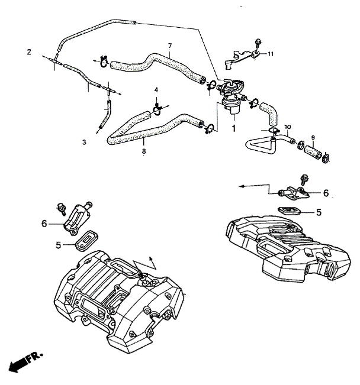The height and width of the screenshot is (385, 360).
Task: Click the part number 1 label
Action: click(x=234, y=128)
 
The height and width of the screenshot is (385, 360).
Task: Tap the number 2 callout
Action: click(x=29, y=52)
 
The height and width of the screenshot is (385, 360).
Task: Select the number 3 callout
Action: click(x=84, y=142)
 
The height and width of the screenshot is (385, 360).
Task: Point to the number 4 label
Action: click(x=156, y=90)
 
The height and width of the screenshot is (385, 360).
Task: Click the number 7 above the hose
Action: click(x=170, y=46)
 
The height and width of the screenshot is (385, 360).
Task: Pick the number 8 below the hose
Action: click(x=144, y=151)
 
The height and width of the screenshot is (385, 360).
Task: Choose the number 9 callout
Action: click(x=313, y=137)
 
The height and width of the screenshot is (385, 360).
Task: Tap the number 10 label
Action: click(x=287, y=127)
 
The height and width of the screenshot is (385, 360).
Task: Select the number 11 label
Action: click(x=271, y=54)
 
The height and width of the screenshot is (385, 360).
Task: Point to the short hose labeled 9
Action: click(x=313, y=152)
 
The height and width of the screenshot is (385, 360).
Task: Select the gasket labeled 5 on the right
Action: click(x=290, y=211)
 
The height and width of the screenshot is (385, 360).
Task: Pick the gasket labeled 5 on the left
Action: click(x=86, y=241)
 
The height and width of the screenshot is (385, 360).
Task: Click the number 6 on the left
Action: click(x=44, y=224)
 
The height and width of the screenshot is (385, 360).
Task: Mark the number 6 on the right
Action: click(x=326, y=193)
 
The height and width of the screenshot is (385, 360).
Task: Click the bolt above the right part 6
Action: click(x=304, y=180)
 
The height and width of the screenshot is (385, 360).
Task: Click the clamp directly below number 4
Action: click(x=157, y=109)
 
